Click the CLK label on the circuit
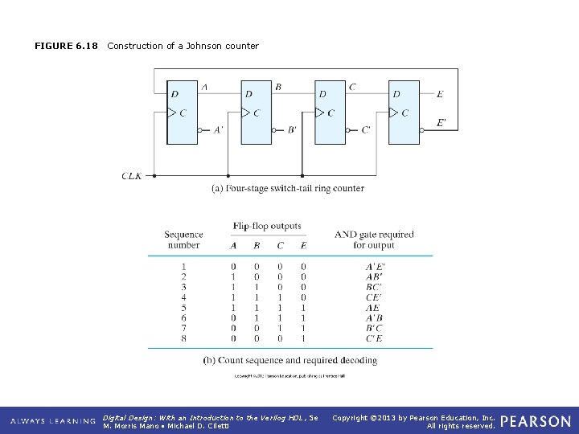click(x=131, y=175)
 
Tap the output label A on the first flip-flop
click(x=204, y=87)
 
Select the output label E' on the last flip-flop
click(x=441, y=123)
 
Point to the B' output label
click(x=291, y=129)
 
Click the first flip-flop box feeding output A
click(x=182, y=113)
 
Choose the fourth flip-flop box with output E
click(x=404, y=113)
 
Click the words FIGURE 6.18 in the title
click(x=66, y=46)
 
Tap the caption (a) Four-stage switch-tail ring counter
click(x=287, y=189)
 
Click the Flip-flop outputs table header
click(x=267, y=226)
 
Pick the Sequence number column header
click(x=183, y=240)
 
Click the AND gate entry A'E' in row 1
click(x=375, y=266)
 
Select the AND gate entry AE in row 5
click(x=374, y=308)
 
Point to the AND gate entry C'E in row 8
click(x=374, y=339)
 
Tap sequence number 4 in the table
click(x=183, y=297)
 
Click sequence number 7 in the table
click(x=183, y=329)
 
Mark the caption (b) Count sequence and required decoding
click(x=289, y=361)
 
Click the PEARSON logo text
click(x=536, y=421)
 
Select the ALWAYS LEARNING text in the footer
click(x=53, y=421)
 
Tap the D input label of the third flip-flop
click(x=322, y=94)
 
